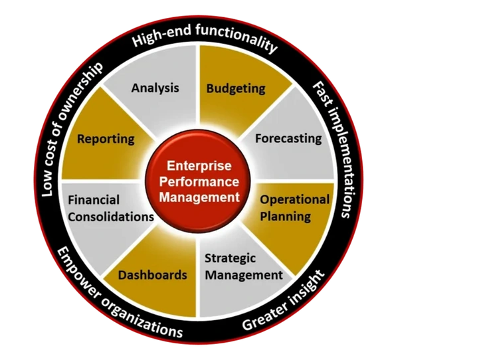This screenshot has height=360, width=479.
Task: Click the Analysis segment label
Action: (155, 88)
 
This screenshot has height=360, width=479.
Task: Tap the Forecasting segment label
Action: (288, 139)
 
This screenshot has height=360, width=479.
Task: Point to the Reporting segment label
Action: (106, 139)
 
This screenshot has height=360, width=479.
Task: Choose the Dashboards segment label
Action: (152, 274)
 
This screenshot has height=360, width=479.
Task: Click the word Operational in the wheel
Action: (294, 199)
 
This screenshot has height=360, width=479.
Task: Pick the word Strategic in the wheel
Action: (230, 258)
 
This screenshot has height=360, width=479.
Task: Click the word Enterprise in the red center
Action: (198, 165)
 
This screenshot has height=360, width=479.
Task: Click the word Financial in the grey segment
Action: (94, 200)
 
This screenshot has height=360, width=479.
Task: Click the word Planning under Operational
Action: (285, 216)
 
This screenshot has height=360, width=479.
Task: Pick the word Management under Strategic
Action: (243, 274)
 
